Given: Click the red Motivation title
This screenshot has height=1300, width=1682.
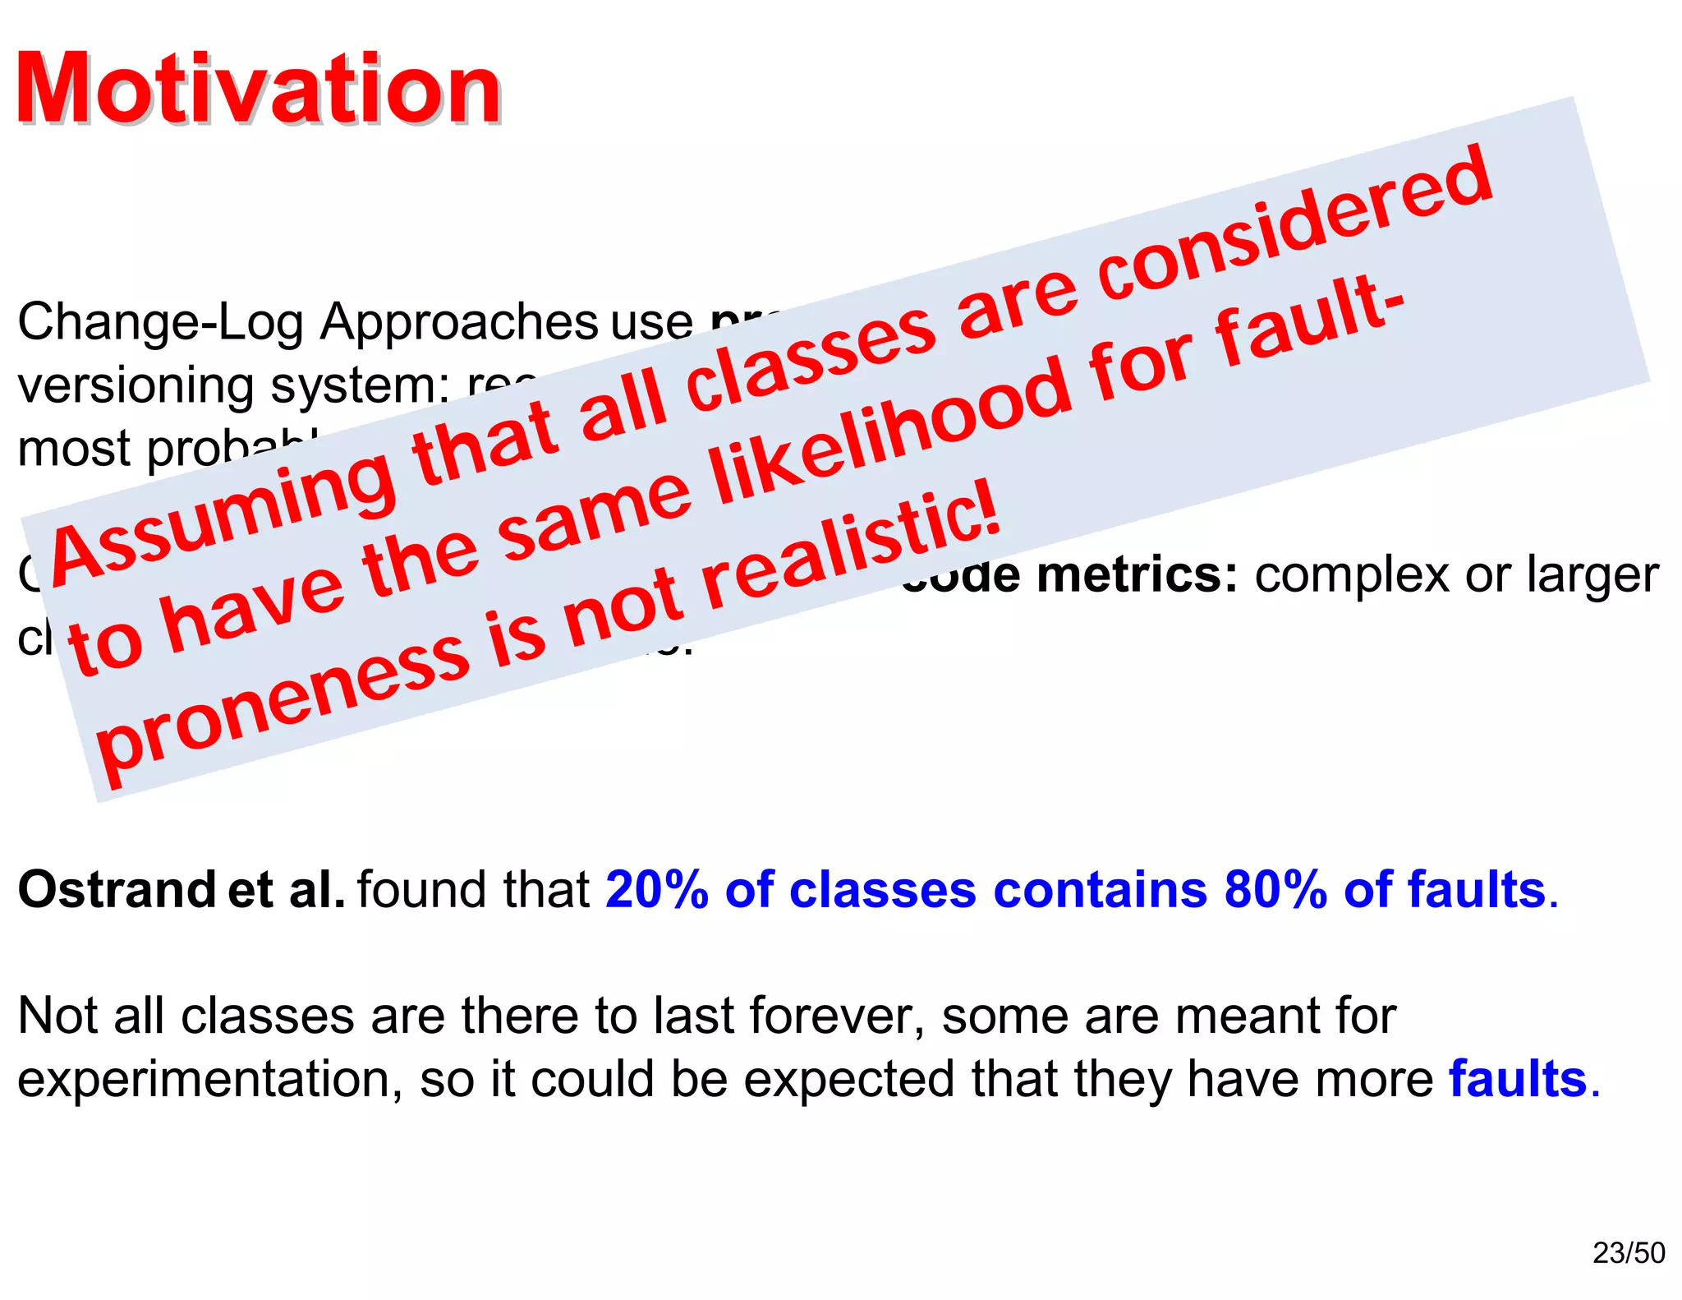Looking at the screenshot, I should pos(259,89).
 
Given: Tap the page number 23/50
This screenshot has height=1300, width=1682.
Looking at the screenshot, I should pos(1629,1252).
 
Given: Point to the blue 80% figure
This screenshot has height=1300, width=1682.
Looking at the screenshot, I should pos(1275,890).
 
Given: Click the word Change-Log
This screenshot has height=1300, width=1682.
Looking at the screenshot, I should pos(161,322).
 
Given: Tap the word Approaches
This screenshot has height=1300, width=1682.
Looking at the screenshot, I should pos(459,322).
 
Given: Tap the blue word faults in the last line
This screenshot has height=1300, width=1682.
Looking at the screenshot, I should pos(1518,1079).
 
